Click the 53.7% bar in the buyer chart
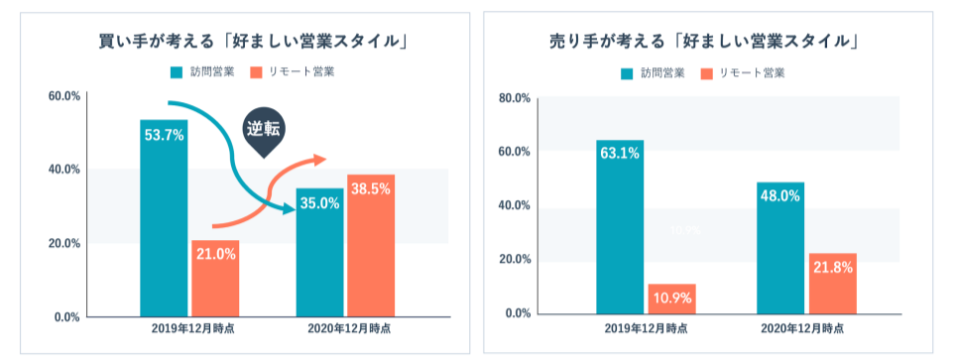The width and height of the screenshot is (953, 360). click(164, 218)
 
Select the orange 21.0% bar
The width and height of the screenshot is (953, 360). click(215, 279)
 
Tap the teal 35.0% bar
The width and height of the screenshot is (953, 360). click(319, 253)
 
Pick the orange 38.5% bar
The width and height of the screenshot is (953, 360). click(371, 246)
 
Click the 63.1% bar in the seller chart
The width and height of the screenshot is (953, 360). click(620, 227)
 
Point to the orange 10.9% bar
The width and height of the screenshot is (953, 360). click(671, 299)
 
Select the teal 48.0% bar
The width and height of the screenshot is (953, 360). click(780, 248)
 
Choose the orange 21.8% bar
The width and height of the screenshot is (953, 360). click(832, 284)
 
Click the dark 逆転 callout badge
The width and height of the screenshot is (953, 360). click(263, 130)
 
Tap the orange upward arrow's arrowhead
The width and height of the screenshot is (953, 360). click(317, 160)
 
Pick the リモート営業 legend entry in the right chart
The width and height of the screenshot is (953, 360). click(743, 72)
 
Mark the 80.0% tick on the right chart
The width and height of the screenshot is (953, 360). click(515, 98)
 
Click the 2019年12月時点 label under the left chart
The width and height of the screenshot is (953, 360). click(192, 328)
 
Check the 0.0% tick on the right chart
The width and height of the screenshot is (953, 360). click(518, 313)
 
